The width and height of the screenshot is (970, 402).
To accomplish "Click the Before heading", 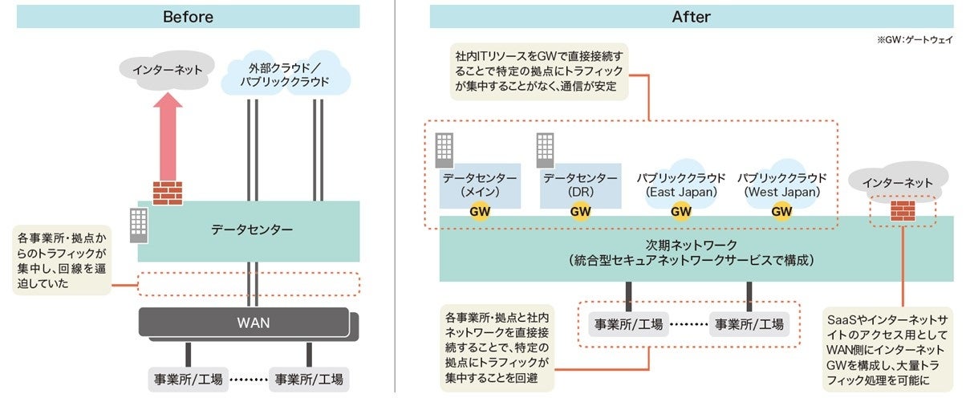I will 188,17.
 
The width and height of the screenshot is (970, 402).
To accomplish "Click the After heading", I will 691,17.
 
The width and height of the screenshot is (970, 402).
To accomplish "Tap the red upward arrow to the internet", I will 168,136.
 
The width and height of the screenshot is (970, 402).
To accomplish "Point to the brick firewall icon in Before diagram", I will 168,193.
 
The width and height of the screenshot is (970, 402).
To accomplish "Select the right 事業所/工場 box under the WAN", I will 309,379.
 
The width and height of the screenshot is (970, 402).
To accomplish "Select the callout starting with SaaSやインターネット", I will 888,349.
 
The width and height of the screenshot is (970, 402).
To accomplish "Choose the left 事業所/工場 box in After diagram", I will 628,324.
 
